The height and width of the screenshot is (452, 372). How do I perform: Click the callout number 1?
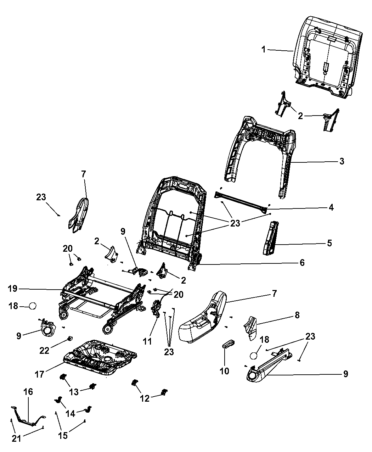tap(263, 50)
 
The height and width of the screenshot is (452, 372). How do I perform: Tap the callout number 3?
tap(342, 161)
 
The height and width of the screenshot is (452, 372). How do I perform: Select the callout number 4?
tap(331, 207)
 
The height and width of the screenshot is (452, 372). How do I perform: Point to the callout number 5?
tap(329, 243)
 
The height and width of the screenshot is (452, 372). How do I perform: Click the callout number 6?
tap(302, 262)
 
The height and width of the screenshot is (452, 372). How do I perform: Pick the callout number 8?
tap(297, 315)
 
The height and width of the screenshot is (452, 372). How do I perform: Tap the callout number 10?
tap(225, 371)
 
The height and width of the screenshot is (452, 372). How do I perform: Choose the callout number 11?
tap(147, 341)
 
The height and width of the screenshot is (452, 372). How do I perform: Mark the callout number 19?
tap(12, 289)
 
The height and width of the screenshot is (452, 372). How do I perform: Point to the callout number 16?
tap(28, 392)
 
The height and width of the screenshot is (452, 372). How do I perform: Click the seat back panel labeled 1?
tap(328, 57)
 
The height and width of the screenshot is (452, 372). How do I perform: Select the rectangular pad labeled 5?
tap(271, 238)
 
